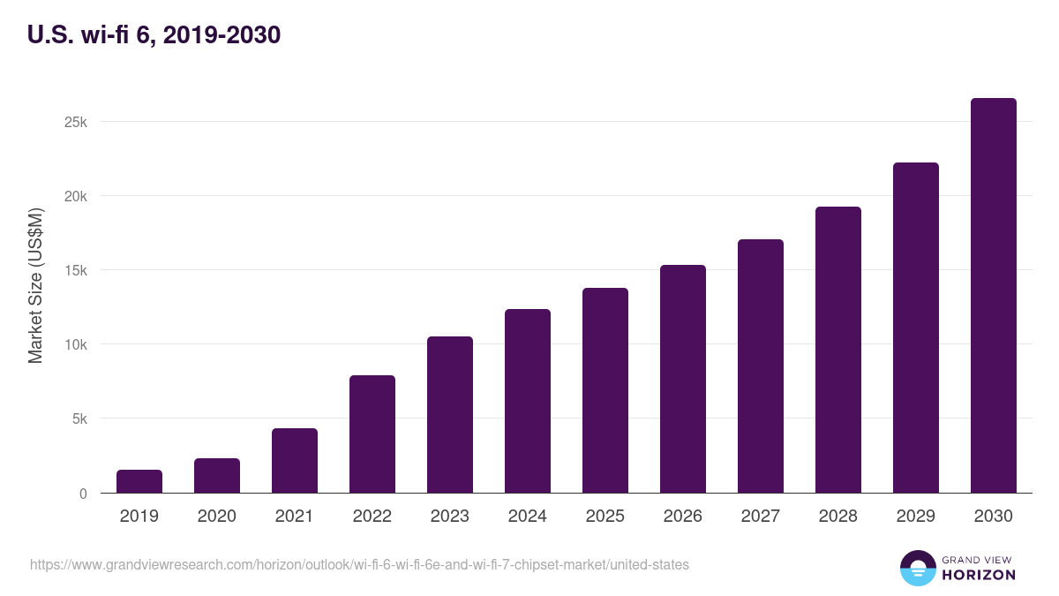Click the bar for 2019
coord(139,481)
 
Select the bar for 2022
coord(372,434)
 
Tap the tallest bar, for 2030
coord(993,296)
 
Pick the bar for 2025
coord(605,390)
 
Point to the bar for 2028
coord(838,350)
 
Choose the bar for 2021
coord(295,461)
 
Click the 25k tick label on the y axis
coord(76,122)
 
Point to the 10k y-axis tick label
coord(76,344)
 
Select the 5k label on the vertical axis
coord(79,419)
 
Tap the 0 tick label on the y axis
coord(83,494)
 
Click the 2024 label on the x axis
coord(528,517)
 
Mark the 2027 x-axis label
coord(761,517)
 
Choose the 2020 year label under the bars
coord(217,517)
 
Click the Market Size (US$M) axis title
coord(35,286)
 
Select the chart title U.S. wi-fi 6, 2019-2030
coord(154,34)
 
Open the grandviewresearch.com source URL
coord(359,564)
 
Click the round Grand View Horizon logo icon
coord(917,568)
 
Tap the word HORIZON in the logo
coord(979,575)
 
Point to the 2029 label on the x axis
coord(916,517)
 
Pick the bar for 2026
coord(683,379)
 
